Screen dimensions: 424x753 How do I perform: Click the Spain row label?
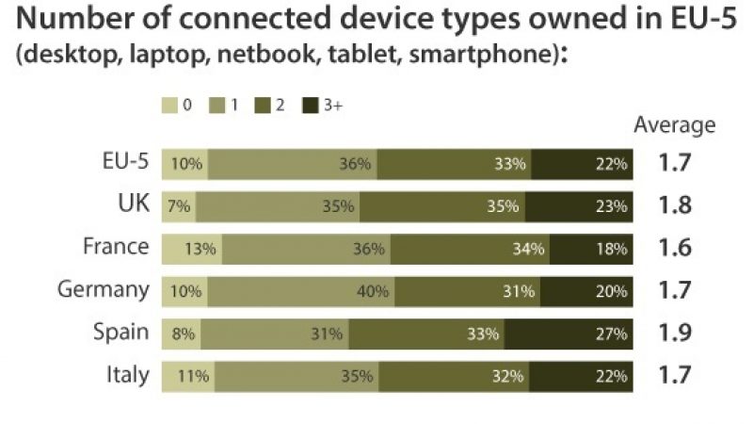120,333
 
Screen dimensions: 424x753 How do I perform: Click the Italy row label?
127,374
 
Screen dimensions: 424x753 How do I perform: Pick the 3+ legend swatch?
310,106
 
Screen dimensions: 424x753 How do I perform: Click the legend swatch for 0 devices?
170,106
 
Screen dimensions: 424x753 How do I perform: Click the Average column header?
674,125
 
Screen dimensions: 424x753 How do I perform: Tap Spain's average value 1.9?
675,334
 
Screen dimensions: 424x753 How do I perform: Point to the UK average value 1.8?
675,206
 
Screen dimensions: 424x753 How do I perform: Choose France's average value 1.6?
675,249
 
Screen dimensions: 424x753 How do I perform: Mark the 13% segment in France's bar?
192,249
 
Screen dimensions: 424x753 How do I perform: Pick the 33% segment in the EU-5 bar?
455,164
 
